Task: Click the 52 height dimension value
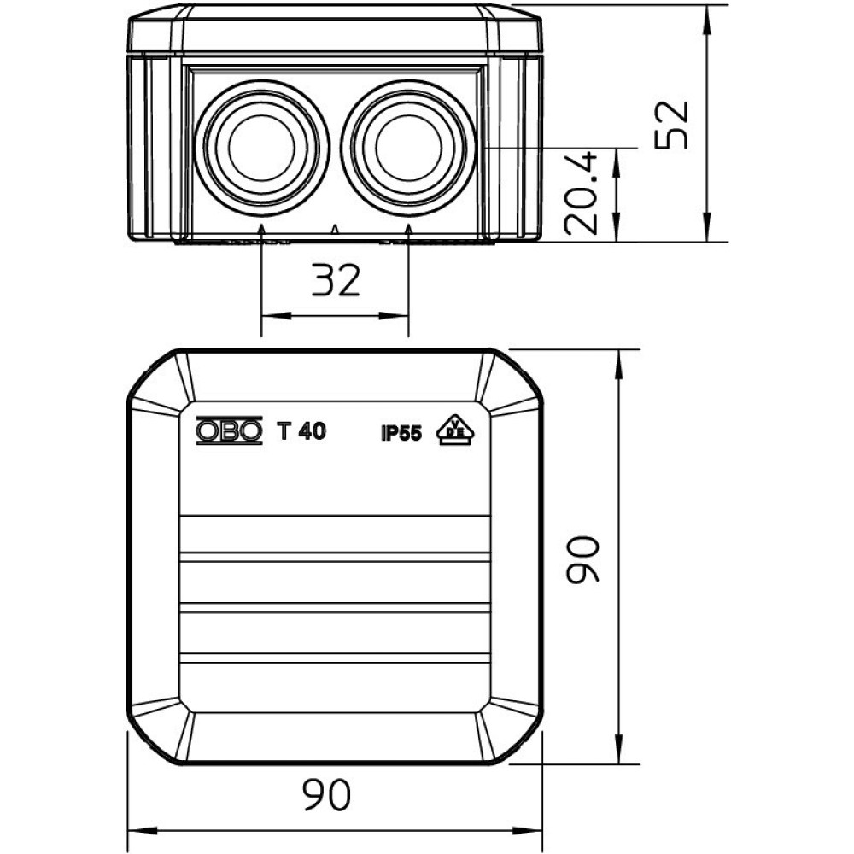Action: click(672, 126)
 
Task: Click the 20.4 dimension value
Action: click(581, 194)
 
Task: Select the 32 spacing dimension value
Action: click(336, 280)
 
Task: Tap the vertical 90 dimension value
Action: click(582, 559)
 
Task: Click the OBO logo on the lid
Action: click(229, 430)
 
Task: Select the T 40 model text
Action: click(301, 430)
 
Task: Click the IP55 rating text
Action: click(401, 434)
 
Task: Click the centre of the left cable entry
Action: click(262, 147)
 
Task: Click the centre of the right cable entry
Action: click(408, 147)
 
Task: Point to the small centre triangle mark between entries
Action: click(336, 229)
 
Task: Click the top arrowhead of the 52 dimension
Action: click(707, 19)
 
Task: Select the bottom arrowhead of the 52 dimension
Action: click(707, 228)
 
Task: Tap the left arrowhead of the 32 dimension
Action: click(275, 316)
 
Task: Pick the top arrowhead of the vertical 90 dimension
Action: click(618, 363)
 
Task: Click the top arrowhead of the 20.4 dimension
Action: click(617, 161)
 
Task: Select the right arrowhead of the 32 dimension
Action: click(395, 316)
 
